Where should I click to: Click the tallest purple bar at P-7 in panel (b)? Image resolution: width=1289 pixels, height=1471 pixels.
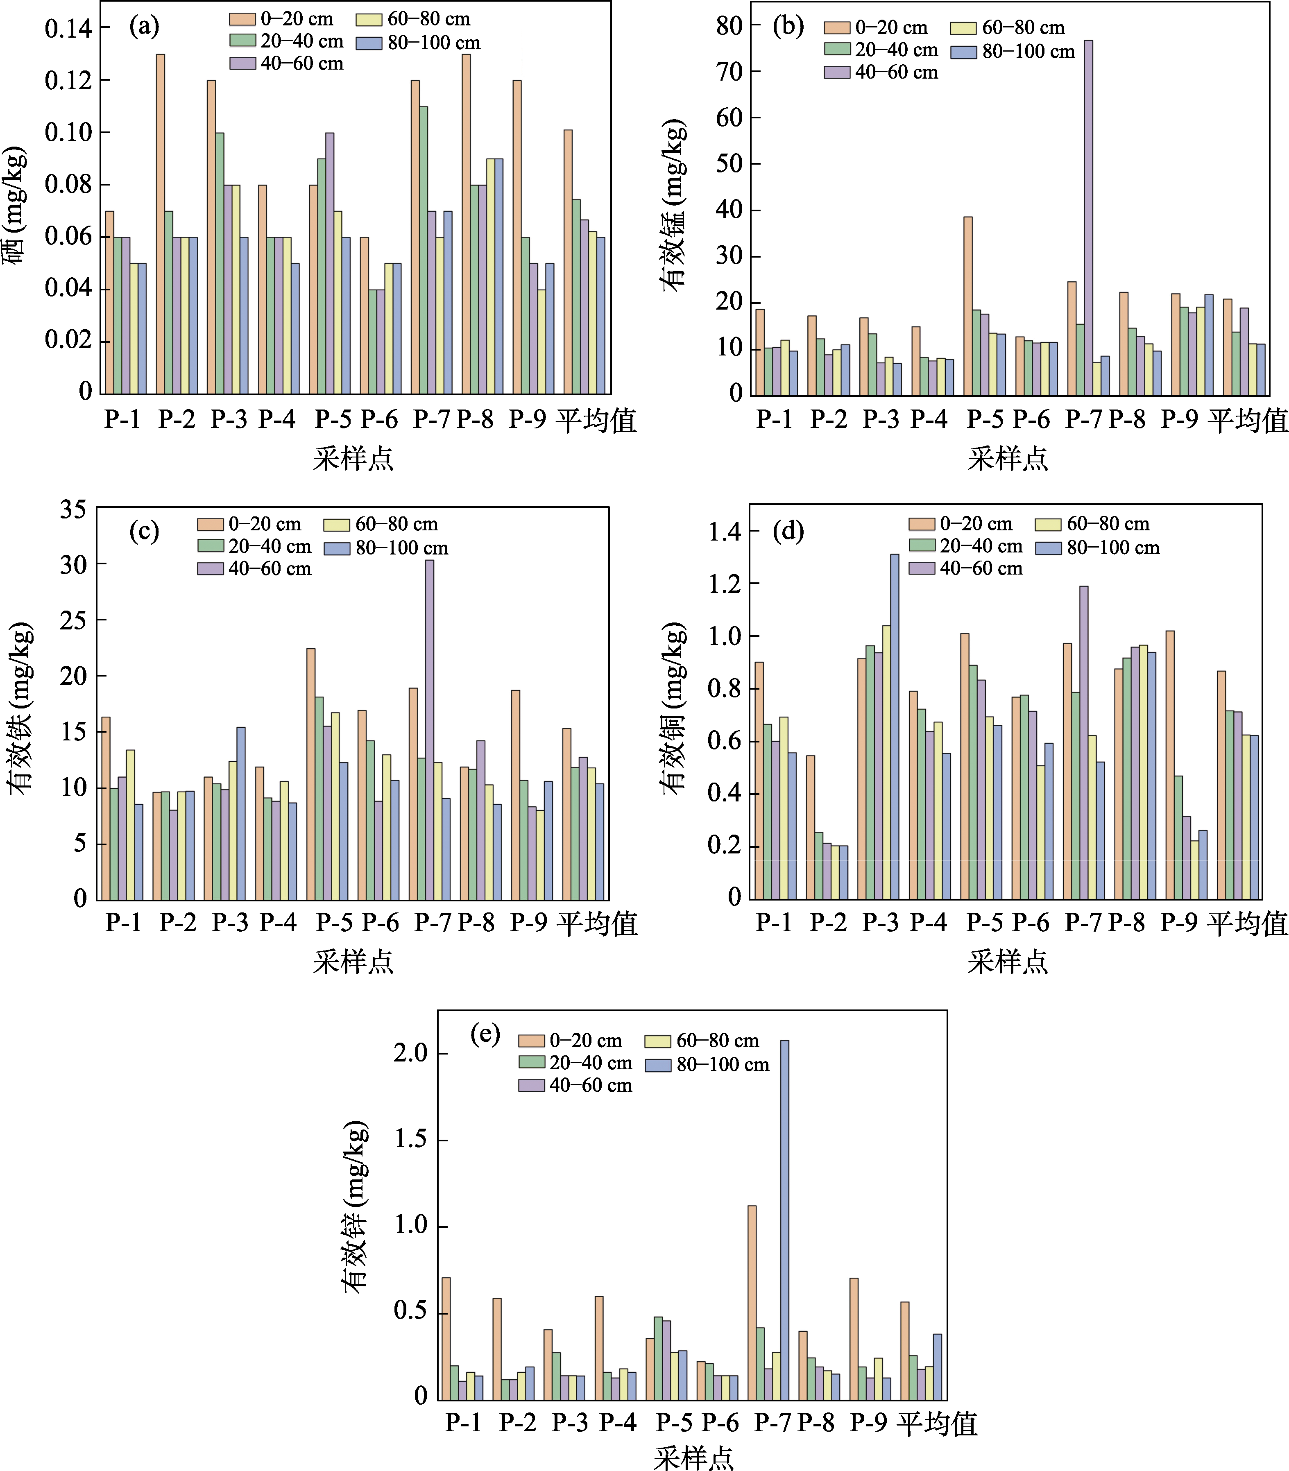tap(1088, 216)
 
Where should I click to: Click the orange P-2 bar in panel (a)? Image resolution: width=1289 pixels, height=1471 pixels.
tap(161, 223)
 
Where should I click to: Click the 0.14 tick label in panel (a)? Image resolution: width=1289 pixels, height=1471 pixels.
tap(68, 29)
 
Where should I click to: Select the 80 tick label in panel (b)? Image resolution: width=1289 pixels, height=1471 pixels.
tap(729, 26)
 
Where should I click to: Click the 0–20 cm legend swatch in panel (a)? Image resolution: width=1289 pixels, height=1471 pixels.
tap(242, 19)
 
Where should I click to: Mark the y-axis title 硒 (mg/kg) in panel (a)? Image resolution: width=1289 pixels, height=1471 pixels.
tap(14, 205)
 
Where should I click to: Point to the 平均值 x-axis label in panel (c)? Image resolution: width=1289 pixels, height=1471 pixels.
tap(597, 923)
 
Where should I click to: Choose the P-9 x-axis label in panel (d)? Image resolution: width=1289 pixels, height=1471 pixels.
tap(1178, 922)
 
